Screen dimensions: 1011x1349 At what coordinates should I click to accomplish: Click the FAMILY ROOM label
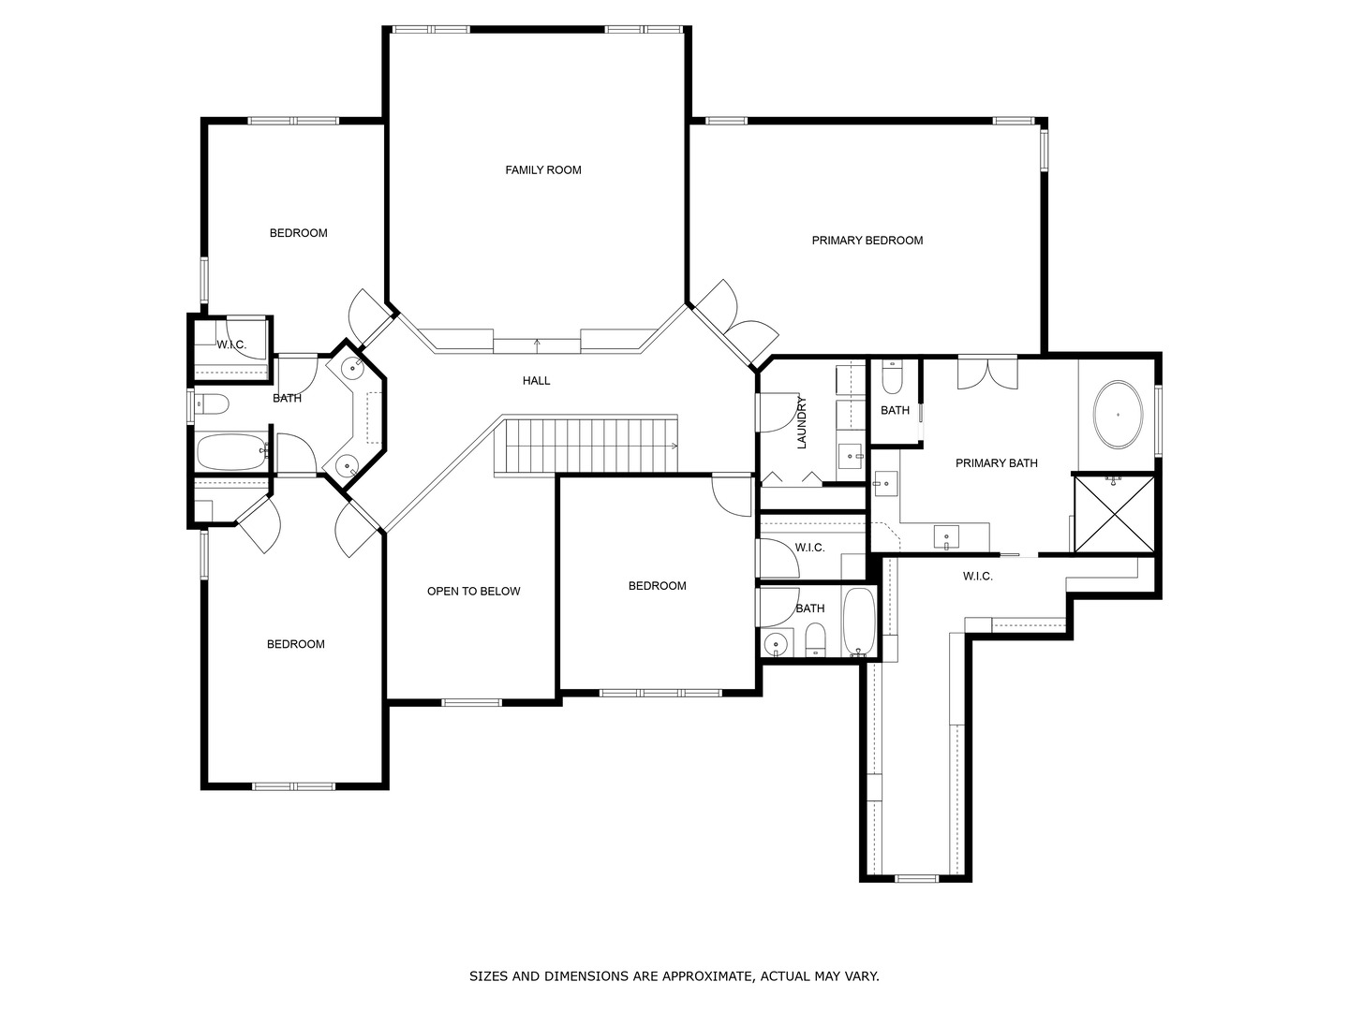(543, 170)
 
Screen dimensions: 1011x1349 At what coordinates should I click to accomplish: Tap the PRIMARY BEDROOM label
(867, 241)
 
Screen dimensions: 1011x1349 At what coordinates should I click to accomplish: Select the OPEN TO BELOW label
(473, 592)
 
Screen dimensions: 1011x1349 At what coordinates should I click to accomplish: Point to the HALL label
(536, 381)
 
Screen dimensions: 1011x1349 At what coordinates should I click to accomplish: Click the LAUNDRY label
(802, 422)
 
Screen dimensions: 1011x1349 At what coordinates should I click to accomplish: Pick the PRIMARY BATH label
(996, 463)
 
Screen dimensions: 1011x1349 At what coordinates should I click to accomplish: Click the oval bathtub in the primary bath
(1118, 414)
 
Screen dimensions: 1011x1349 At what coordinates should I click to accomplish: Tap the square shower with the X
(1114, 514)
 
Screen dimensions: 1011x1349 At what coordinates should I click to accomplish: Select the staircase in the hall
(586, 446)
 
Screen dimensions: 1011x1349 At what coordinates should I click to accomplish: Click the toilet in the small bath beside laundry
(891, 378)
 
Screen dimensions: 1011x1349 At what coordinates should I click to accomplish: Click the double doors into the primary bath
(986, 372)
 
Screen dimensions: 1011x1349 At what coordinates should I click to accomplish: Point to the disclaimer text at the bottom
(674, 976)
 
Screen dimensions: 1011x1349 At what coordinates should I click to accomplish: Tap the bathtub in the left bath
(231, 452)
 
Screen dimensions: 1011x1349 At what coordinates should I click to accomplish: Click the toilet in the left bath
(213, 404)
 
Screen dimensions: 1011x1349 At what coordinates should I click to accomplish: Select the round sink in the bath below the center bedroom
(776, 644)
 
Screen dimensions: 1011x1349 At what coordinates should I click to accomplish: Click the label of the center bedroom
(657, 586)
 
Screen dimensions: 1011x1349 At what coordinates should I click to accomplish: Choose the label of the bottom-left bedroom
(295, 644)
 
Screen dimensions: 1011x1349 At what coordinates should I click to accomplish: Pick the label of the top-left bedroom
(298, 233)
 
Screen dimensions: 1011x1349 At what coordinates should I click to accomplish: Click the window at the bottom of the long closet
(916, 878)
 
